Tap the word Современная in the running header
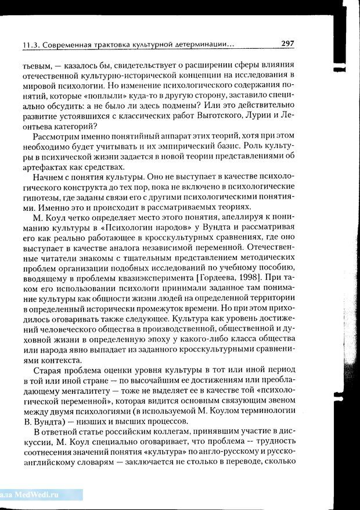point(66,44)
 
